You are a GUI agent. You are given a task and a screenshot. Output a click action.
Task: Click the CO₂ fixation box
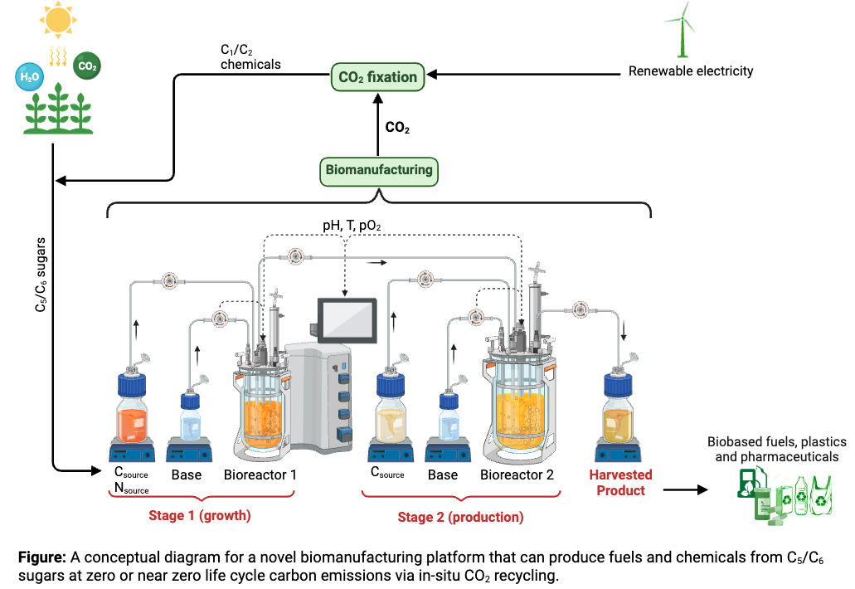pyautogui.click(x=378, y=77)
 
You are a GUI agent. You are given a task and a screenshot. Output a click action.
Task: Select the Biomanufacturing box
pyautogui.click(x=378, y=170)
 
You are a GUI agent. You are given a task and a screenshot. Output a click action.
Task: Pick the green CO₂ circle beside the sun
pyautogui.click(x=85, y=66)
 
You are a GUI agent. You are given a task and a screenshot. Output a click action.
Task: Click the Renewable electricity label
pyautogui.click(x=690, y=71)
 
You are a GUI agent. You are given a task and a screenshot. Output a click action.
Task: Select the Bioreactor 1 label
pyautogui.click(x=260, y=475)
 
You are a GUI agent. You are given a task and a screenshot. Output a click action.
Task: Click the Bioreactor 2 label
pyautogui.click(x=517, y=475)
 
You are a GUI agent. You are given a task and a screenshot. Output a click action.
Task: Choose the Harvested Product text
pyautogui.click(x=620, y=483)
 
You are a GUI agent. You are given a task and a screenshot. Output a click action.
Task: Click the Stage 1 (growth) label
pyautogui.click(x=199, y=515)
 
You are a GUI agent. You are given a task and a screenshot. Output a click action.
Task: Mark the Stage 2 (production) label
pyautogui.click(x=460, y=517)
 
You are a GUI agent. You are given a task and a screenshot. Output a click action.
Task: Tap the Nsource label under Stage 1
pyautogui.click(x=131, y=489)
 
